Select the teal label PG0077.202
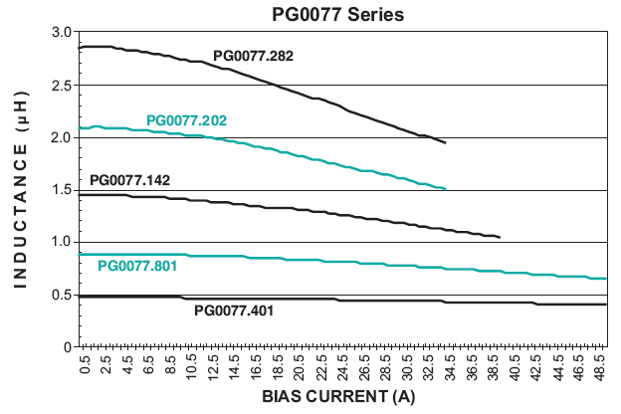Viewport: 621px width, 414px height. (186, 120)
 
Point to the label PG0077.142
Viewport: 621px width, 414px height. (129, 180)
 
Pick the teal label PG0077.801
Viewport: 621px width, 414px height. (137, 266)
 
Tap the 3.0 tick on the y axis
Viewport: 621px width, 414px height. (62, 33)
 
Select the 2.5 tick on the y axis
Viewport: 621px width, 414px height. (62, 85)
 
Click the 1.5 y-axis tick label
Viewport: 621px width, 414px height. (62, 190)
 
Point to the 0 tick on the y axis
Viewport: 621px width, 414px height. (67, 347)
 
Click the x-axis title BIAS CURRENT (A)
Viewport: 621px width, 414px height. (338, 397)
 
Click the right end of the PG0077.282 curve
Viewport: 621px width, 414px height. (445, 143)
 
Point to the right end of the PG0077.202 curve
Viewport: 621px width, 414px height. (445, 188)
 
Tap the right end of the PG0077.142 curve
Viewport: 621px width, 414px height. (499, 237)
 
